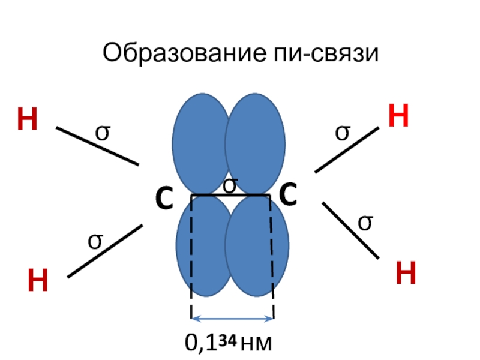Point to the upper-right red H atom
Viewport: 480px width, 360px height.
(398, 116)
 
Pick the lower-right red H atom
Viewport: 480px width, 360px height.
(406, 273)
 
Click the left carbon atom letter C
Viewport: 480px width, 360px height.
(164, 198)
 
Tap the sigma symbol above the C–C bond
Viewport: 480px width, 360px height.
(230, 185)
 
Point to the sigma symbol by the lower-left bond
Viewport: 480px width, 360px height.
(95, 241)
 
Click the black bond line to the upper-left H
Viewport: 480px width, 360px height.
(98, 146)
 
